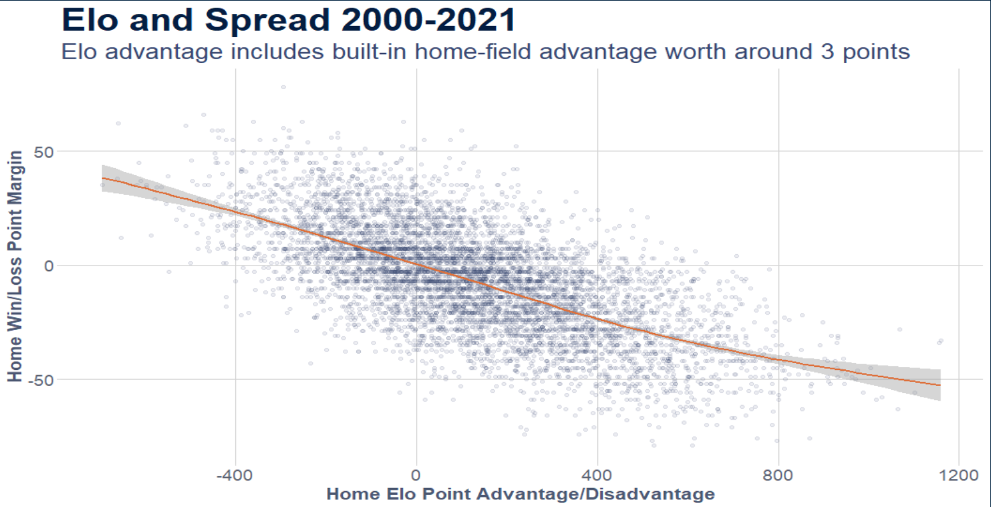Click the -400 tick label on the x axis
pyautogui.click(x=235, y=475)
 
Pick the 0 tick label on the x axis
pyautogui.click(x=416, y=475)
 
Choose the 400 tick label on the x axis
pyautogui.click(x=597, y=475)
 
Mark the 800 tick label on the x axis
pyautogui.click(x=778, y=475)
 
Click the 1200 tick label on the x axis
pyautogui.click(x=958, y=475)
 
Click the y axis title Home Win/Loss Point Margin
pyautogui.click(x=15, y=266)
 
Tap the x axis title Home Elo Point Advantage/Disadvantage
pyautogui.click(x=520, y=494)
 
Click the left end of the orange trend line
pyautogui.click(x=103, y=178)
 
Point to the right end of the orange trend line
pyautogui.click(x=939, y=385)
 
